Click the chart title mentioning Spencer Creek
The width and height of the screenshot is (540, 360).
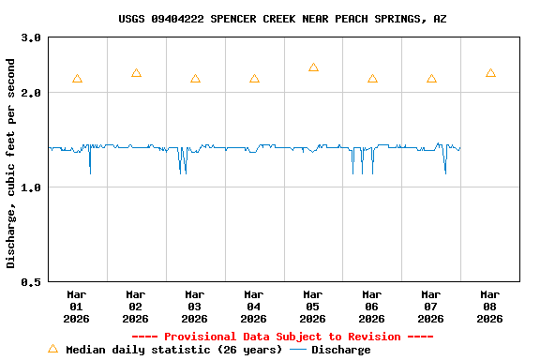point(282,19)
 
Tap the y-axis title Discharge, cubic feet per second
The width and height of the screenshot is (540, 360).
point(11,163)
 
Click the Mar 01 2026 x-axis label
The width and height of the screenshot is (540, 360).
point(77,306)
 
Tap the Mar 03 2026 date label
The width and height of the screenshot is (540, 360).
point(195,306)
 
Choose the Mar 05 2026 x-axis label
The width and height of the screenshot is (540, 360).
point(313,306)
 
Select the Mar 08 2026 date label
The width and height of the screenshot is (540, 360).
point(489,306)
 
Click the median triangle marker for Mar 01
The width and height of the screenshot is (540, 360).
point(77,79)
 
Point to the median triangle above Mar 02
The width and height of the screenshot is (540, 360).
point(136,73)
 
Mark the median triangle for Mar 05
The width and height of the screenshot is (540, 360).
point(313,67)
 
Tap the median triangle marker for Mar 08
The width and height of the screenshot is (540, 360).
point(490,73)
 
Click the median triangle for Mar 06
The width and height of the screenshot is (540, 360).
point(372,79)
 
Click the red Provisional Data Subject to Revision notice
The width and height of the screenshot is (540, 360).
point(282,337)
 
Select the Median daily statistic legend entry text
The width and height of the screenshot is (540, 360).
point(173,350)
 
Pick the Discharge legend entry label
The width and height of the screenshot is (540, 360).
point(340,350)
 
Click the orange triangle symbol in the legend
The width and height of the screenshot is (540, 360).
point(52,349)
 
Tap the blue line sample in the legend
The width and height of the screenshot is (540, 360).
point(298,350)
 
